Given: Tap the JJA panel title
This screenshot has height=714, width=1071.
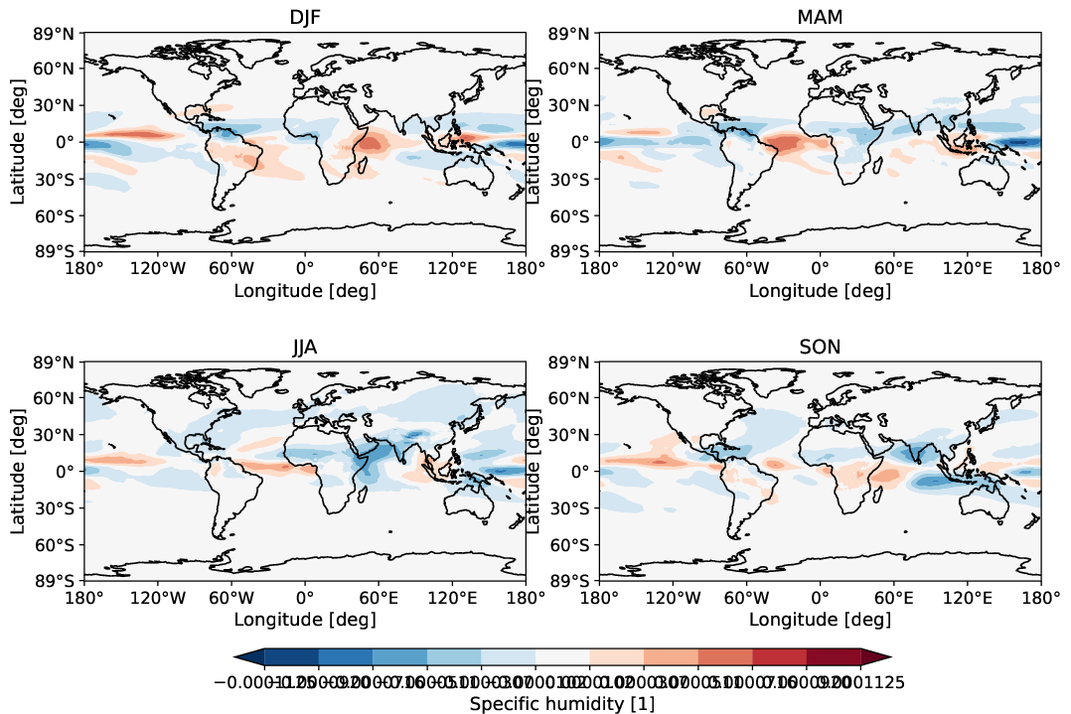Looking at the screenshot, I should tap(304, 347).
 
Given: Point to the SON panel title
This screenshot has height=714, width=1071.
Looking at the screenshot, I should tap(820, 347).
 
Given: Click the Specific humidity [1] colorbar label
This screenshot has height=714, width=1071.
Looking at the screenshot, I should tap(561, 703).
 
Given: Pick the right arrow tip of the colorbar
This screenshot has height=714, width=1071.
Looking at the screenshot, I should tap(887, 655).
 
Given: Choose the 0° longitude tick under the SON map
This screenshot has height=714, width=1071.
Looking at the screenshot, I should tap(820, 597).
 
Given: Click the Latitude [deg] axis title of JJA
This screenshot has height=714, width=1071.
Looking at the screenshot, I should tap(18, 471).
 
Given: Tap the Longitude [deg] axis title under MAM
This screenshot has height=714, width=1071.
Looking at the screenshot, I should tap(820, 291).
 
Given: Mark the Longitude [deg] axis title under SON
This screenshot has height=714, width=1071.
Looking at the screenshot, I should tap(820, 621).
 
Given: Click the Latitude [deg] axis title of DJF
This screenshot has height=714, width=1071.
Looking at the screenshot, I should tap(18, 141).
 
